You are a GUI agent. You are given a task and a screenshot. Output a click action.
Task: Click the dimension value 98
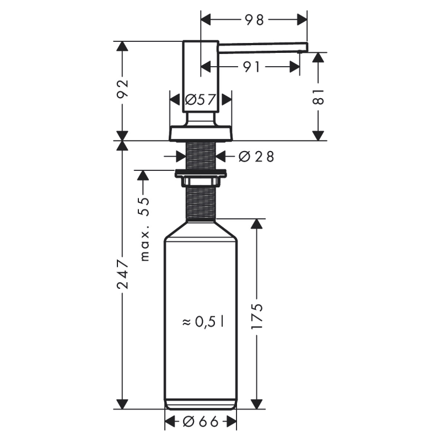pos(254,20)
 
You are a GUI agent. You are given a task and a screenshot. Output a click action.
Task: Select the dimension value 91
pos(251,67)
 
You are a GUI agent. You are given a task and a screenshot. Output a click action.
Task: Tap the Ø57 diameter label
pos(200,100)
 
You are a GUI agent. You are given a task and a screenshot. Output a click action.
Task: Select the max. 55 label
pos(144,229)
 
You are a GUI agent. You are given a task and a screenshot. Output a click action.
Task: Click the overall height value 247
pos(122,276)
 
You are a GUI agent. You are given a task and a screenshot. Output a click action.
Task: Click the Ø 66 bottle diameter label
pos(201,422)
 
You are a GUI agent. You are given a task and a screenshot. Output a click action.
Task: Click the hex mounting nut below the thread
pos(201,175)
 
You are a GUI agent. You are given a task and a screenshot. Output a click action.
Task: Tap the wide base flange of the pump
pos(201,134)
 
